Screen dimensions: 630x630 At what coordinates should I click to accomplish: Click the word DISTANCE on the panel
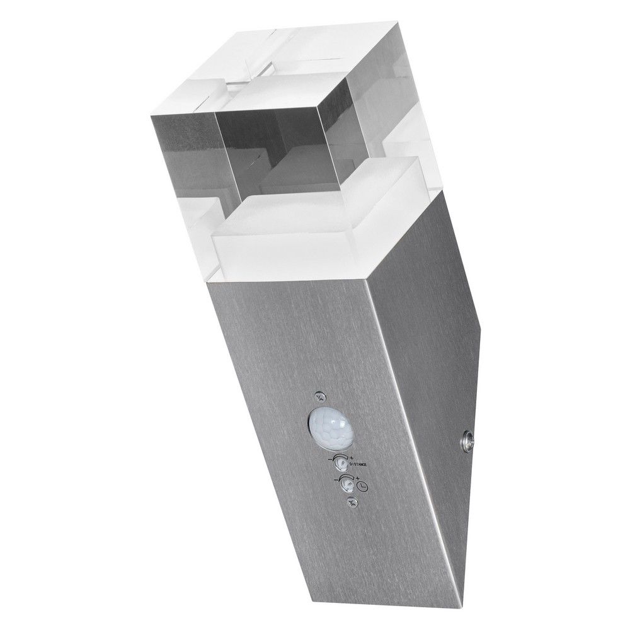[x=353, y=467]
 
